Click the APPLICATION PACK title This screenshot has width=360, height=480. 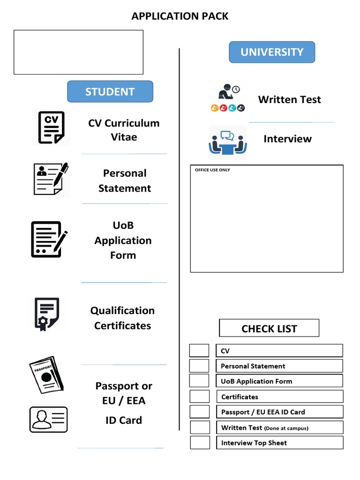(x=180, y=16)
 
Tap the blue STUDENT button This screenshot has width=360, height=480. (x=110, y=92)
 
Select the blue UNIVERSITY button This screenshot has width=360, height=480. (x=272, y=52)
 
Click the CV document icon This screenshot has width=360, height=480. (x=52, y=127)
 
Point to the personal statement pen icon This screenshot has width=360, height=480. (x=51, y=179)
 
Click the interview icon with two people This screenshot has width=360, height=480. (x=227, y=142)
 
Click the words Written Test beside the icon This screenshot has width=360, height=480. (x=289, y=99)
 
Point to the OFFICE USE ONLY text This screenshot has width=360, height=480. (x=212, y=170)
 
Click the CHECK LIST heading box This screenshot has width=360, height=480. (x=269, y=328)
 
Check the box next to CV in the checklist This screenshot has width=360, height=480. (x=199, y=351)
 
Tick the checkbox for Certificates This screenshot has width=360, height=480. (x=199, y=397)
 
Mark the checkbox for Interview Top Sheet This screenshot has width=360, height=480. (x=199, y=442)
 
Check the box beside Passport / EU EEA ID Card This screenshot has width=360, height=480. (x=199, y=412)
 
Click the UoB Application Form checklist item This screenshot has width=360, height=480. (x=279, y=381)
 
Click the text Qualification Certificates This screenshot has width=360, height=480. (x=122, y=318)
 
